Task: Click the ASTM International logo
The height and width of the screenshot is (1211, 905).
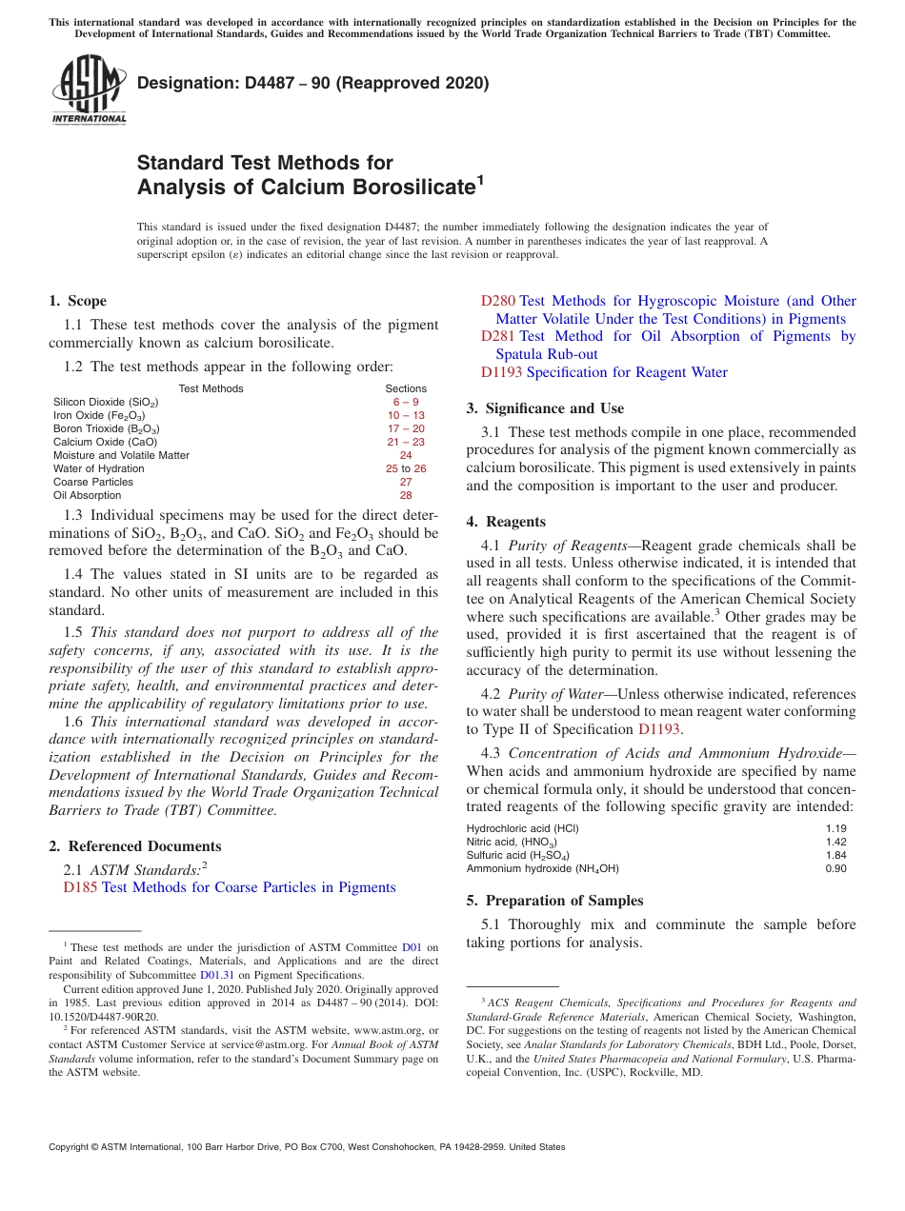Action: (x=89, y=89)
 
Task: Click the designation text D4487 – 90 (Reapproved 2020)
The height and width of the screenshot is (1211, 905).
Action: (x=312, y=83)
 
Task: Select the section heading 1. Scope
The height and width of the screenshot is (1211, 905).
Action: (x=77, y=301)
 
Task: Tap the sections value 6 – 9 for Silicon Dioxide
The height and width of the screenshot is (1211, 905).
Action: (x=406, y=402)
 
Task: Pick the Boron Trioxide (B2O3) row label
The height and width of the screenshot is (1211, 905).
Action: (x=106, y=428)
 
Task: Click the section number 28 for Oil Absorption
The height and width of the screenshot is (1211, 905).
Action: (x=406, y=495)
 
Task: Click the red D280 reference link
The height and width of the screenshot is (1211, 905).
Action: (x=498, y=301)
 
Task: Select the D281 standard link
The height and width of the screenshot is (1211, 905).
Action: (x=498, y=336)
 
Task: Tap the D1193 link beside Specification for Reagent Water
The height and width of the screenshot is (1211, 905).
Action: (x=501, y=372)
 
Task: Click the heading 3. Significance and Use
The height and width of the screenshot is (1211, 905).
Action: (x=545, y=408)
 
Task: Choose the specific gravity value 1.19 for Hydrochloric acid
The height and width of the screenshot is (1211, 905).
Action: (x=835, y=828)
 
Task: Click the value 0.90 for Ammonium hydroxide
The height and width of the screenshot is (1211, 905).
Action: (x=835, y=868)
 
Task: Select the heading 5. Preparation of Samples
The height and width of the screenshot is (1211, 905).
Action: (x=554, y=901)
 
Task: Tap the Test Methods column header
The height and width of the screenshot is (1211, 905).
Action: (x=211, y=388)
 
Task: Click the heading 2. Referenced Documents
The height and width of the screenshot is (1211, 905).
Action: (x=134, y=846)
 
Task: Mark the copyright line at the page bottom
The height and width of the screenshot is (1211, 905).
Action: (x=307, y=1147)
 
